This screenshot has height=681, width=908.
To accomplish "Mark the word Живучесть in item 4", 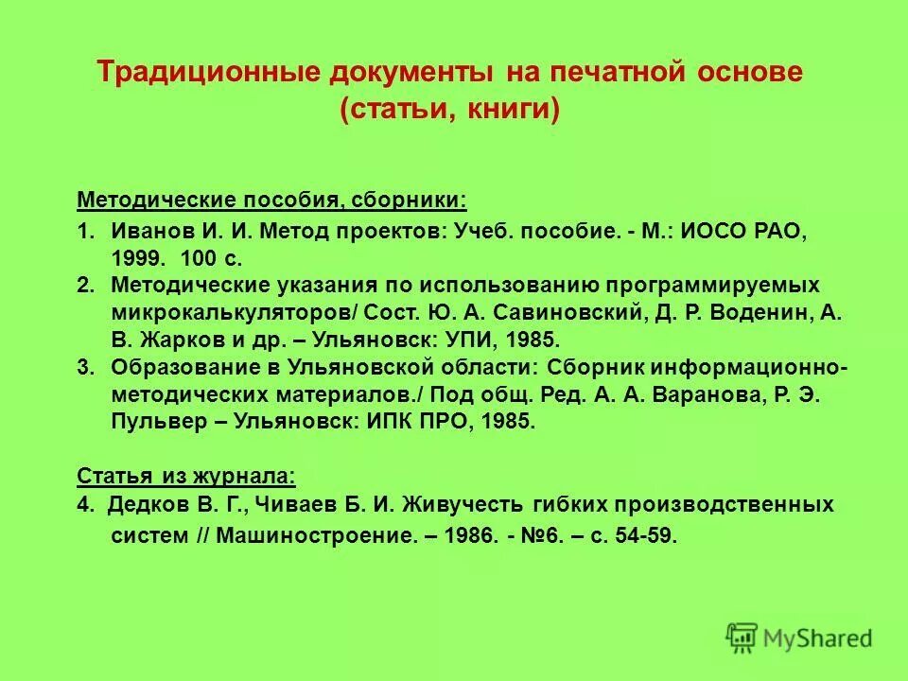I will pos(459,504).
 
